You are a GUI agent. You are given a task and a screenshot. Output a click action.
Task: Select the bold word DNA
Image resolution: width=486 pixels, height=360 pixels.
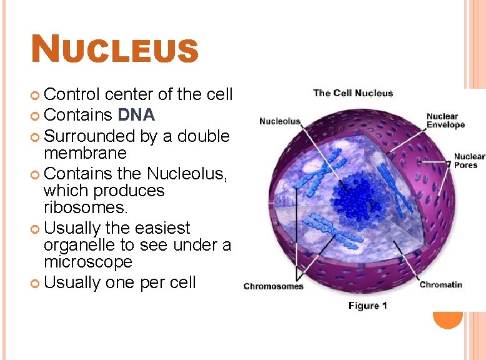(136, 115)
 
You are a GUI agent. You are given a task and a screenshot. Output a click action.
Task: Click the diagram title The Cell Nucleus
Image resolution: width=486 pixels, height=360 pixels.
(353, 93)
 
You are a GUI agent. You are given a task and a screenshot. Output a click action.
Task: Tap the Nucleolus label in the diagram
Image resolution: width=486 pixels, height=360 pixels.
(280, 121)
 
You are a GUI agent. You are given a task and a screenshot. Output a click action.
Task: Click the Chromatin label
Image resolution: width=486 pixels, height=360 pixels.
(440, 285)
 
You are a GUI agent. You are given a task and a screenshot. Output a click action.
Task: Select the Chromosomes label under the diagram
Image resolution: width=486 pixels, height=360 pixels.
(273, 287)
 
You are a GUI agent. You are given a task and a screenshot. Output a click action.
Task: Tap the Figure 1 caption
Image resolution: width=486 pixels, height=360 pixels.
(367, 306)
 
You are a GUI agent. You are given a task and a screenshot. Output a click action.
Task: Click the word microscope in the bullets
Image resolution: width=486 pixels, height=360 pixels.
(88, 262)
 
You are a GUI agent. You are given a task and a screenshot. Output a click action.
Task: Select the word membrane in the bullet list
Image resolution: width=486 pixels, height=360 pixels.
(85, 153)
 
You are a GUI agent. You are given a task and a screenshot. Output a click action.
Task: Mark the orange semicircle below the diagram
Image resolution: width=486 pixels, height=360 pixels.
(448, 319)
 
